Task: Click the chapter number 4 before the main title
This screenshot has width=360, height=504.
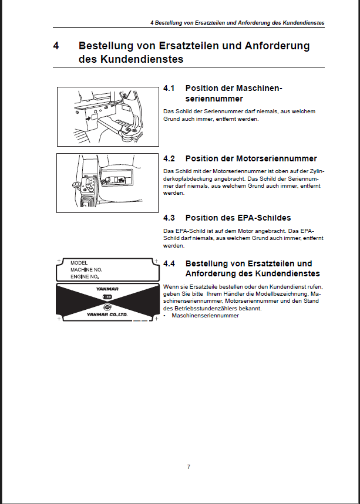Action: pyautogui.click(x=56, y=46)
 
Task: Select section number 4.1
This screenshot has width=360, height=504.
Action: pyautogui.click(x=169, y=88)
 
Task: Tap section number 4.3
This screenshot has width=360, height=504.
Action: pyautogui.click(x=169, y=218)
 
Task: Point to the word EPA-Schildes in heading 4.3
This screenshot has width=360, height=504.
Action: pyautogui.click(x=265, y=218)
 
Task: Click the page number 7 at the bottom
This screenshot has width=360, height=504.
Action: pyautogui.click(x=189, y=467)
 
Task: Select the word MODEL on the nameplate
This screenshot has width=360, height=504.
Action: pyautogui.click(x=79, y=263)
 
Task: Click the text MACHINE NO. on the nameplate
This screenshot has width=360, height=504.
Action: pyautogui.click(x=86, y=269)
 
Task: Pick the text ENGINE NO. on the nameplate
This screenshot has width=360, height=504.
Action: pyautogui.click(x=85, y=276)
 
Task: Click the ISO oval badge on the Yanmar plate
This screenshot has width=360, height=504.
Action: pyautogui.click(x=107, y=297)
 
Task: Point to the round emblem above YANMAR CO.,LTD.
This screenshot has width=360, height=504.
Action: pyautogui.click(x=107, y=307)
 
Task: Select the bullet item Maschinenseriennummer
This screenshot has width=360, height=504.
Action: pyautogui.click(x=205, y=315)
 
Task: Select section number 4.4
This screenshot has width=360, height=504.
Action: pyautogui.click(x=169, y=263)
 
